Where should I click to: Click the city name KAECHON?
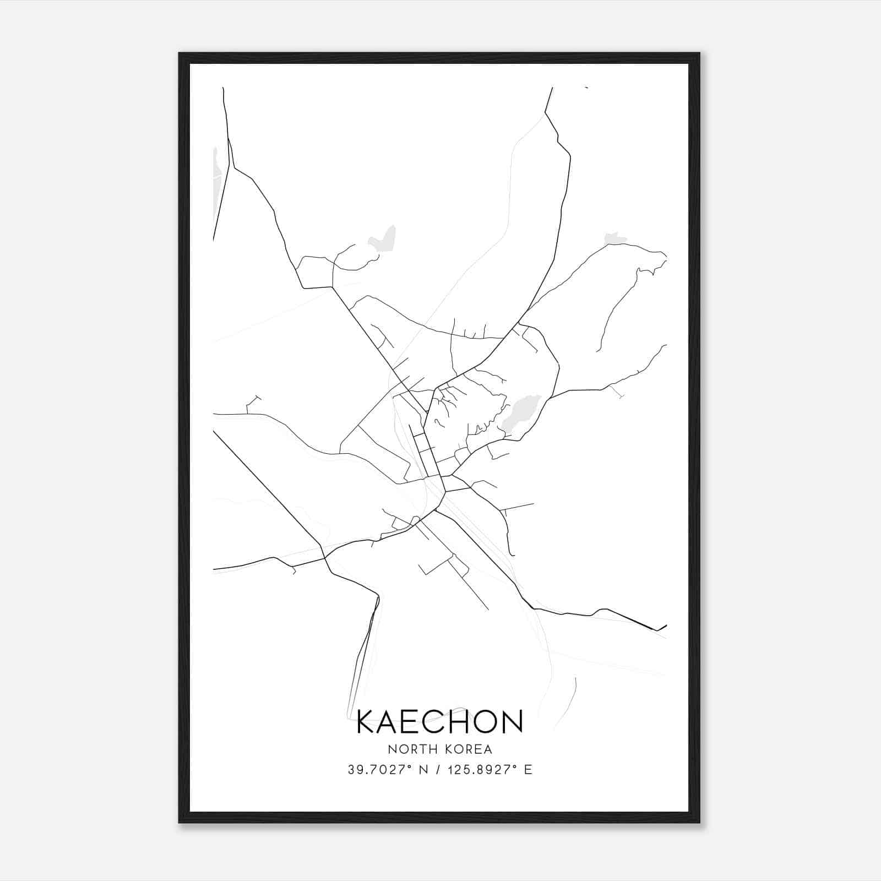point(440,722)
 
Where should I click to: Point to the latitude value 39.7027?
point(378,770)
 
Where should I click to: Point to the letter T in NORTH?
point(420,749)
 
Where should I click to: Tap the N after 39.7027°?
point(423,770)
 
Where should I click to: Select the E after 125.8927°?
point(529,770)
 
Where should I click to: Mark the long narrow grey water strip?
point(219,182)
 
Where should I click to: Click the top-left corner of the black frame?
point(180,53)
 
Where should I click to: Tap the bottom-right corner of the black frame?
point(699,822)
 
